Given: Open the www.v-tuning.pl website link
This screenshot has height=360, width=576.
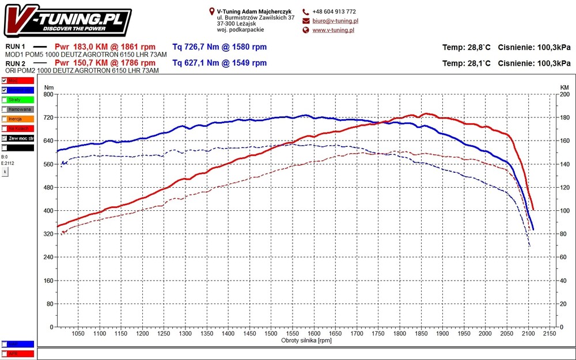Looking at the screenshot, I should click(333, 30).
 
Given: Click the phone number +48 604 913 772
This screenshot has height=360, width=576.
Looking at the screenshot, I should click(334, 12).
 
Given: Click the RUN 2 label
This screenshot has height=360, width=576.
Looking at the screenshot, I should click(15, 63).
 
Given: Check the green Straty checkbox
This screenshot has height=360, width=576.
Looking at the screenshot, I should click(5, 100).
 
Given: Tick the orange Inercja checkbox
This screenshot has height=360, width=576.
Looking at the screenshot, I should click(5, 119).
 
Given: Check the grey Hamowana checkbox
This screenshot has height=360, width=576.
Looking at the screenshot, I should click(5, 109).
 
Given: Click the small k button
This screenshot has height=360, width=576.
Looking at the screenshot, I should click(5, 172).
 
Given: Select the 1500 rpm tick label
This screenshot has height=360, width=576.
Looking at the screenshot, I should click(270, 334).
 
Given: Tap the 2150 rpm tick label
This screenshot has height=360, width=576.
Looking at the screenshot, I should click(549, 334).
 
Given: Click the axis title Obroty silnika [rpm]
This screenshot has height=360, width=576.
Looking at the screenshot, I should click(306, 340).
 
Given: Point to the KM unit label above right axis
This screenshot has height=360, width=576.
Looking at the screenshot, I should click(564, 87).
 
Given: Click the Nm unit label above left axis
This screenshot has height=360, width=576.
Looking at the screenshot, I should click(48, 87).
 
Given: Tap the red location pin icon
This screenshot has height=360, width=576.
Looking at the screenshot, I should click(212, 11).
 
